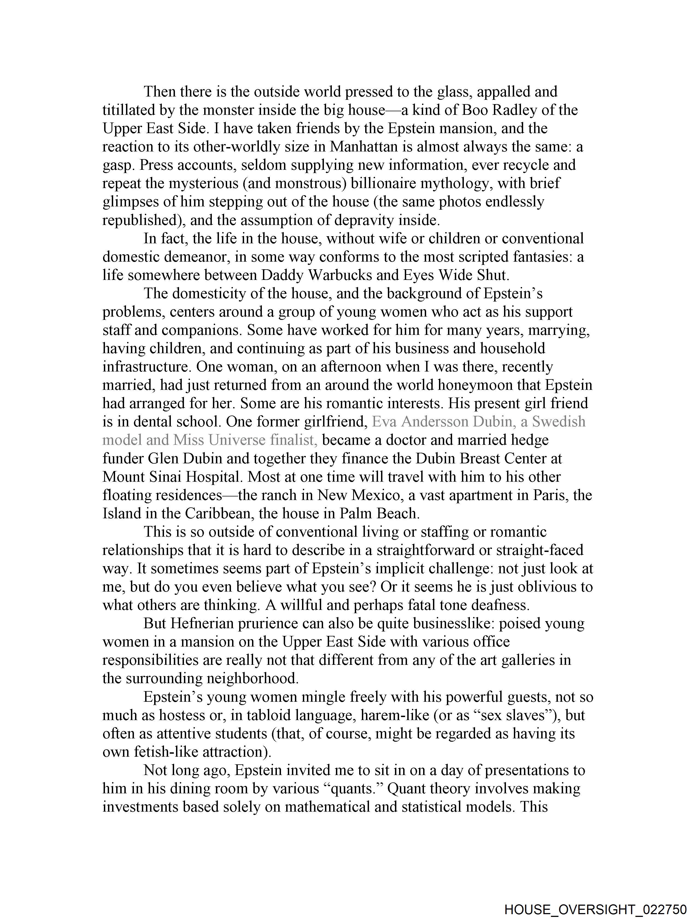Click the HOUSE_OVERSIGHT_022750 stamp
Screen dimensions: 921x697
[595, 909]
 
